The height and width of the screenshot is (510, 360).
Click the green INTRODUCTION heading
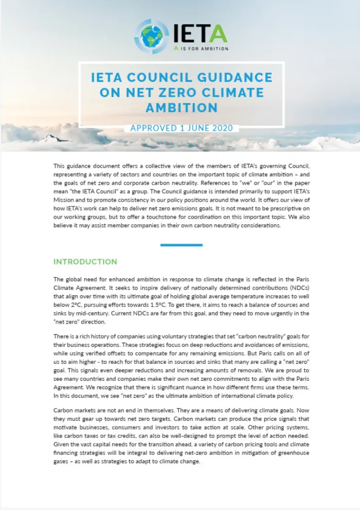point(85,262)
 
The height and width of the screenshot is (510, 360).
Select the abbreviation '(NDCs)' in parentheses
point(296,288)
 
